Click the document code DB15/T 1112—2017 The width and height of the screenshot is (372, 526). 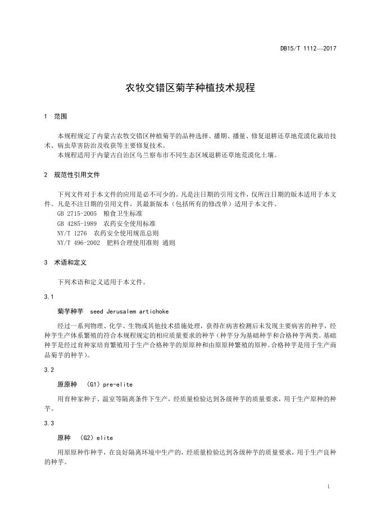(x=308, y=49)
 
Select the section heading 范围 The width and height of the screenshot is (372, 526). (x=60, y=116)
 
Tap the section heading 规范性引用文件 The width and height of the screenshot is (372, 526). (x=76, y=175)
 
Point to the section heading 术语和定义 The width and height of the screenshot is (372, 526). (x=70, y=262)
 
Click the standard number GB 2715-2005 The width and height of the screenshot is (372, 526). (x=78, y=214)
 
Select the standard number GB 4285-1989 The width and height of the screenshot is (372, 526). (x=78, y=223)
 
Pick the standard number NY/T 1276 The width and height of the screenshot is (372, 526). (x=72, y=233)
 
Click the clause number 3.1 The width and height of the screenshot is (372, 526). (x=48, y=296)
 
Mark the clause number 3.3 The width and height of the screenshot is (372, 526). (x=48, y=423)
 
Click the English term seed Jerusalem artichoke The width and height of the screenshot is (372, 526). (x=130, y=311)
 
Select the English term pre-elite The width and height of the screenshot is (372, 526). (x=117, y=384)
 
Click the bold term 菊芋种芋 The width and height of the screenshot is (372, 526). (x=70, y=311)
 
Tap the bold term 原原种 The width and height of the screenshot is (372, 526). (x=67, y=384)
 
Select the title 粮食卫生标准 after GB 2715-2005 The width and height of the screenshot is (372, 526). (x=123, y=214)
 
